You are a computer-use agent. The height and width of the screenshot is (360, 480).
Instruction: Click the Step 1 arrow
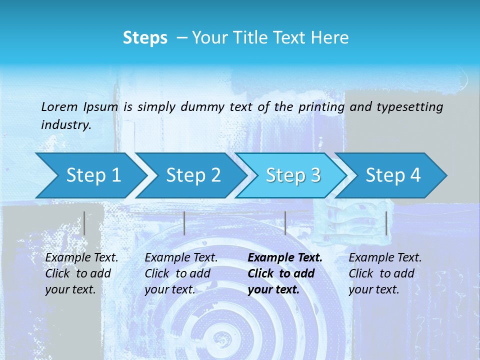point(90,175)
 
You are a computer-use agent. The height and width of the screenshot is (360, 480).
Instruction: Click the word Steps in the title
point(145,38)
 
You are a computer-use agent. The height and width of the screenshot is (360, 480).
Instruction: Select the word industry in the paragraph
point(65,125)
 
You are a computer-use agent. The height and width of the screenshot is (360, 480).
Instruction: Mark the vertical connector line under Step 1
point(84,223)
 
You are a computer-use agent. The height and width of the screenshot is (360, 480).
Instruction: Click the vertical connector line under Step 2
point(184,223)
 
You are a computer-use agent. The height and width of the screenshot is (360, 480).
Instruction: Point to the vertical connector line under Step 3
point(285,223)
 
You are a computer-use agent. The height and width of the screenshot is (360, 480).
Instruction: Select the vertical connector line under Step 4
point(386,223)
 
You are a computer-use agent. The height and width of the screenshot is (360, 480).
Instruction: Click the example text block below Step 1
point(81,273)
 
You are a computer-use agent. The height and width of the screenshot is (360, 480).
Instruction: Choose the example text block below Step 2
point(181,273)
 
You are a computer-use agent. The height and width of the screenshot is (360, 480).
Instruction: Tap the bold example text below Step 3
point(285,273)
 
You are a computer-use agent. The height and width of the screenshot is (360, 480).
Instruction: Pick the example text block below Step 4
point(385,273)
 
